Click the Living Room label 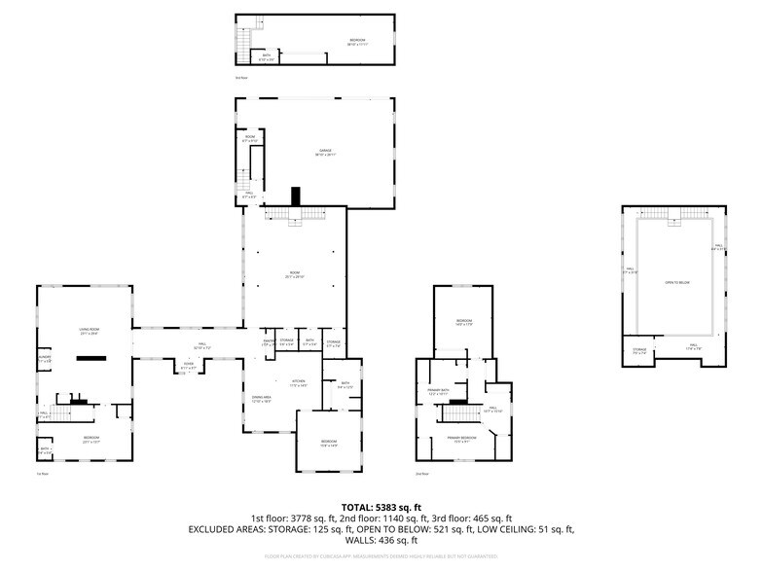coord(90,331)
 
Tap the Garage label coord(325,152)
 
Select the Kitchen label coord(298,382)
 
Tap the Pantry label coord(266,342)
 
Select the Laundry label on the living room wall coord(44,359)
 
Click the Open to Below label coord(676,282)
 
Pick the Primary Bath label coord(439,392)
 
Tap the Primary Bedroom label coord(461,439)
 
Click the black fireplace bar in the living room coord(91,358)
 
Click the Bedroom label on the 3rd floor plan coord(358,41)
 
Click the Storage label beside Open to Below coord(639,351)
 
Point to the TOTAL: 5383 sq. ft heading coord(381,507)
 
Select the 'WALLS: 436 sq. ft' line coord(381,540)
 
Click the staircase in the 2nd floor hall coord(458,412)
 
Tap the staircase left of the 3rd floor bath coord(242,41)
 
